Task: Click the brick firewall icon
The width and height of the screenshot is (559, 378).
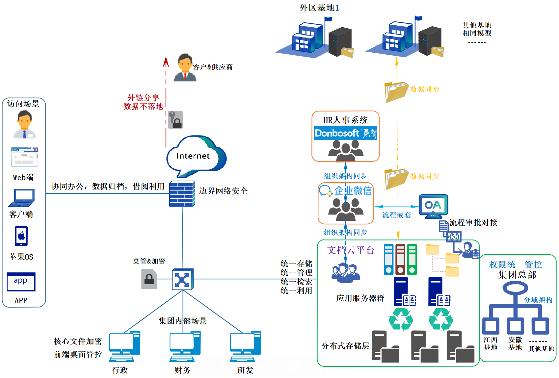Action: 182,193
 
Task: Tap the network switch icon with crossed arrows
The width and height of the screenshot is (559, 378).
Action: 183,279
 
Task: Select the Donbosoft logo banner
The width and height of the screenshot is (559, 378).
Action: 345,133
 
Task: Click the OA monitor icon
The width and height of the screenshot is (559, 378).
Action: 433,207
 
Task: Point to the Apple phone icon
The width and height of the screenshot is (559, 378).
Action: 21,236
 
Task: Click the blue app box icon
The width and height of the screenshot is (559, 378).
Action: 21,282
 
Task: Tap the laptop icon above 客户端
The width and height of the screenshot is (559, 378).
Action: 22,198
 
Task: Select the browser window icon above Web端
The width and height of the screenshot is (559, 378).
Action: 24,157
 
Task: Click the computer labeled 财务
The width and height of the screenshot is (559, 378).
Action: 185,346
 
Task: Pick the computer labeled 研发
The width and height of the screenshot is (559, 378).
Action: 245,346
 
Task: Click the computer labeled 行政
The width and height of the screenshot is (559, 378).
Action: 124,346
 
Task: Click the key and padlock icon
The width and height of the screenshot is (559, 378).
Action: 175,120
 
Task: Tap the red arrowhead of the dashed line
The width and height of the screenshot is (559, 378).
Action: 166,62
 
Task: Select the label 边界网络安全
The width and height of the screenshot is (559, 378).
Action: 223,191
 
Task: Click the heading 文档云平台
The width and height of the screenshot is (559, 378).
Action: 351,250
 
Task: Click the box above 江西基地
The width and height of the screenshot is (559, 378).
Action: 491,326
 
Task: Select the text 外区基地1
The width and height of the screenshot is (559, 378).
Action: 319,8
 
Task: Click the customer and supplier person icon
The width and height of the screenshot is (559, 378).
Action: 185,67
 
